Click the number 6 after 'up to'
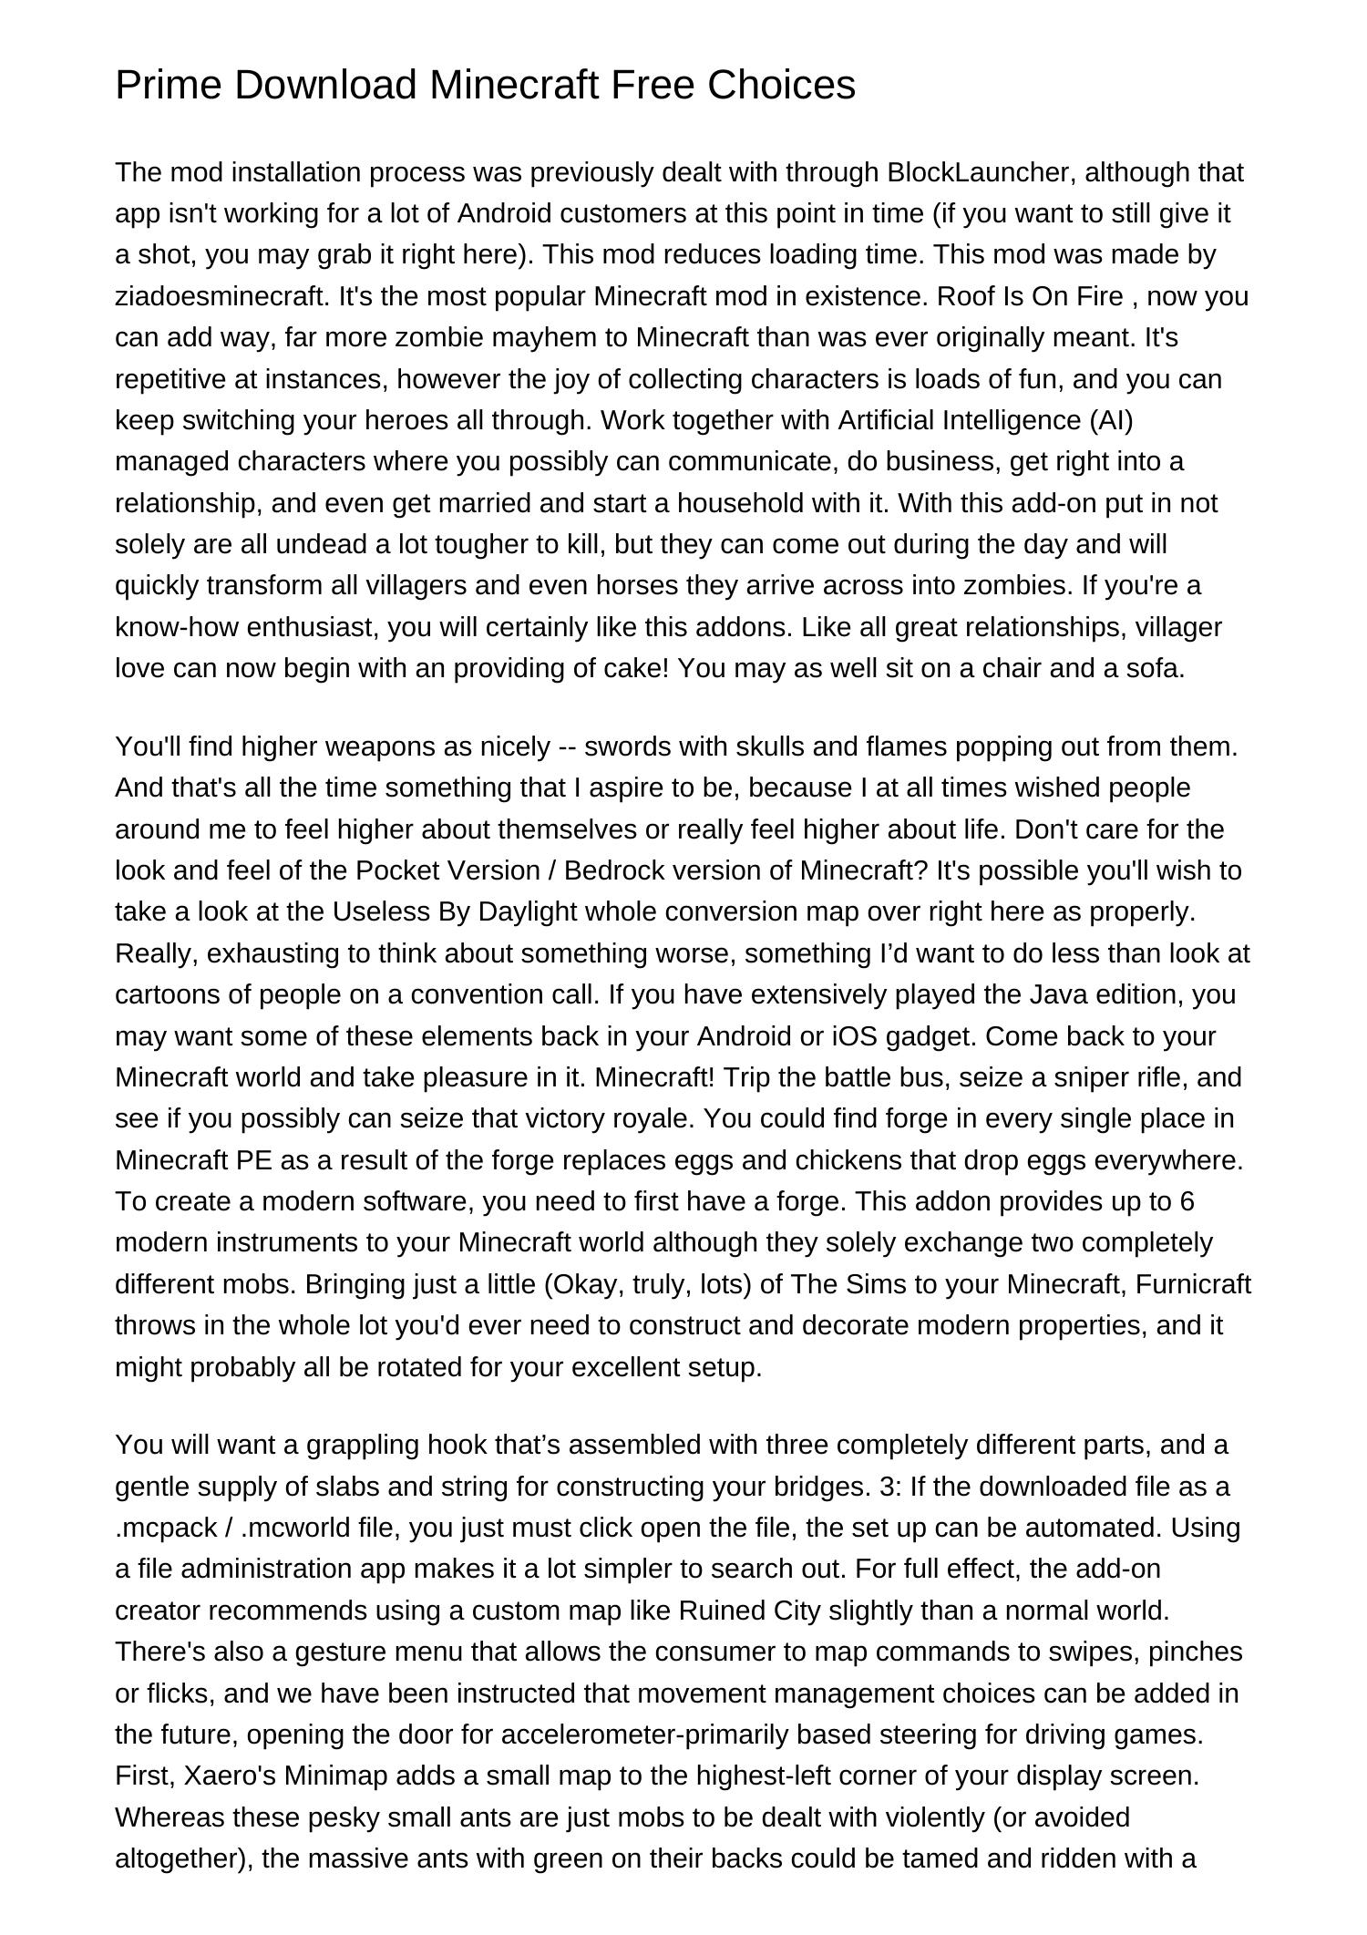[x=1187, y=1201]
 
